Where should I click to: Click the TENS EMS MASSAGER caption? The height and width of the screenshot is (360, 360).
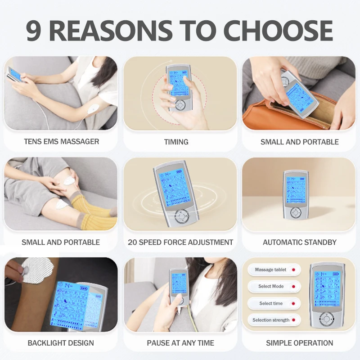61,141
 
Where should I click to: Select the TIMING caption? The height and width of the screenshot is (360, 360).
176,142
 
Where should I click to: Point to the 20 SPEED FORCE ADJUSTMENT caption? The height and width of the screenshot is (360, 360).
180,242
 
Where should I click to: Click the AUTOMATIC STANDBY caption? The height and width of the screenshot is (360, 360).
299,242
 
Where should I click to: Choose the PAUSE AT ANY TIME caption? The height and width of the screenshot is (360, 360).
180,343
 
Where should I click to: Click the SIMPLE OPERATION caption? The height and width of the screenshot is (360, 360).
299,343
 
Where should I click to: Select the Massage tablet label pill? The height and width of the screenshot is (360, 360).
274,270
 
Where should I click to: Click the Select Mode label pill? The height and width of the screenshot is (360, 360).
274,286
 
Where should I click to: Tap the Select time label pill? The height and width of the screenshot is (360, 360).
274,303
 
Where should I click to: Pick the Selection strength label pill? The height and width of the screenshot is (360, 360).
274,320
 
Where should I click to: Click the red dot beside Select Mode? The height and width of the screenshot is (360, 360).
293,286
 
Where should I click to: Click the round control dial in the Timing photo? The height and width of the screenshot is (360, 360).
180,105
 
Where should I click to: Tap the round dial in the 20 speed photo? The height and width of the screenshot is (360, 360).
182,217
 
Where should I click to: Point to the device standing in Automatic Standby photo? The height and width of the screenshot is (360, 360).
295,193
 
